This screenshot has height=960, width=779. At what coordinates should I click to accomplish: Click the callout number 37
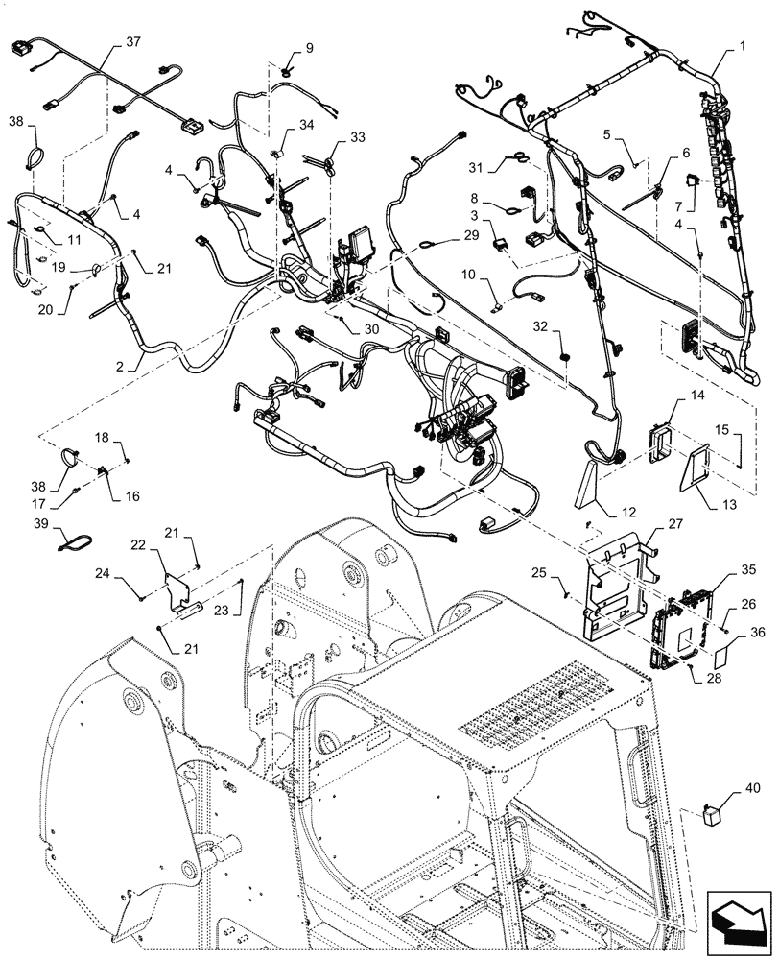pyautogui.click(x=132, y=43)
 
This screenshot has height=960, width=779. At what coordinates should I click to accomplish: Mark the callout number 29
pyautogui.click(x=471, y=235)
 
